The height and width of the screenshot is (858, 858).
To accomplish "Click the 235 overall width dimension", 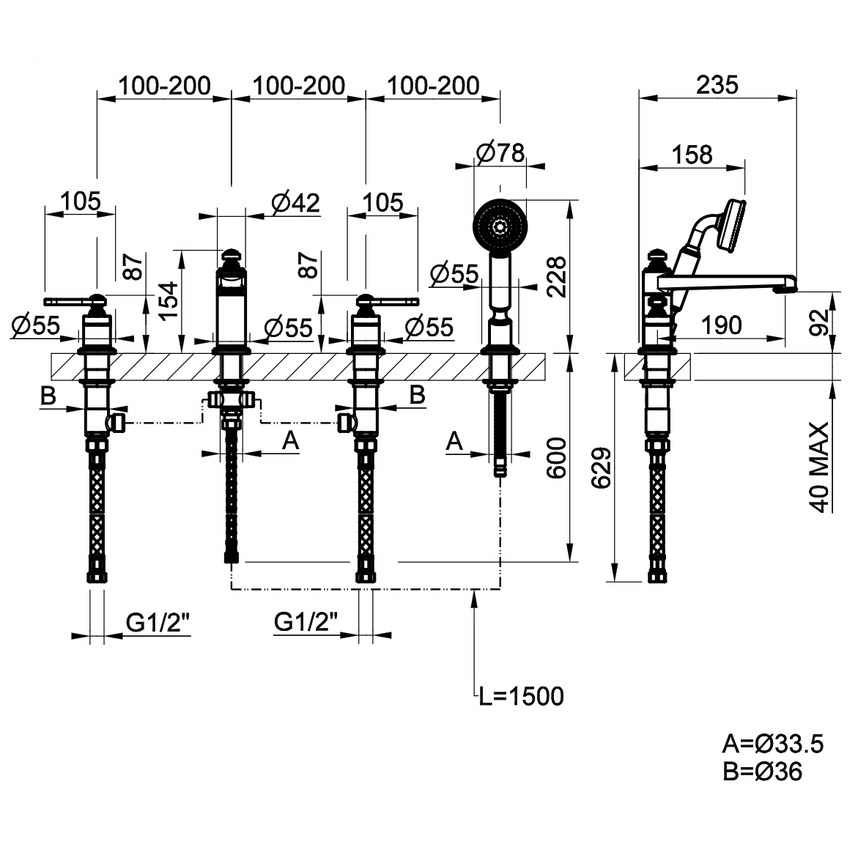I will pos(717,85).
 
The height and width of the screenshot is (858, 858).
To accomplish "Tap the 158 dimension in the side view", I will pos(692,155).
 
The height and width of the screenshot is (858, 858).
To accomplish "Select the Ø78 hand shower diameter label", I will pos(500,152).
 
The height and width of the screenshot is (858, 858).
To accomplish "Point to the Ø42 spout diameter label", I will pos(295,203).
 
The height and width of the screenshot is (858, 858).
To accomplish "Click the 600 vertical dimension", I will pos(557,457).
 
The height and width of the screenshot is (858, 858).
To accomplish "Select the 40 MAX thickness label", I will pos(820,467).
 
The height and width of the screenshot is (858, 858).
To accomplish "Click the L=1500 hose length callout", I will pos(521,696).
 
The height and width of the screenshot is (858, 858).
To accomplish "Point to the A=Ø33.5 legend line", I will pos(772,744).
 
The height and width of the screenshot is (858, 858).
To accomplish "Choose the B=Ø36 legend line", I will pos(761,772).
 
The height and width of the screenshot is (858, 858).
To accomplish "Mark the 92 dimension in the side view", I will pos(822,317).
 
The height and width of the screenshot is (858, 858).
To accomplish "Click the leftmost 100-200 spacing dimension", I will pos(164,86).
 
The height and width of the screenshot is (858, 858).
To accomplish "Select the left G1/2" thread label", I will pos(158,623).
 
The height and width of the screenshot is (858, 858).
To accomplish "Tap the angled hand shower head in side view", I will pos(732,223).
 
